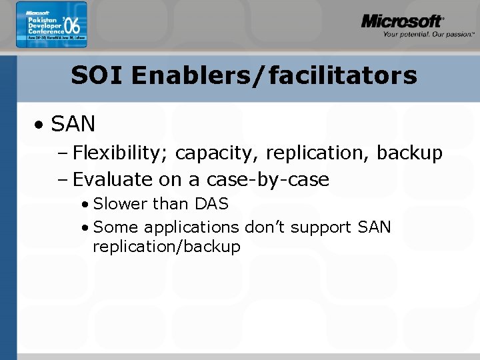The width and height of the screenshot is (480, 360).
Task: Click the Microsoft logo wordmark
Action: [x=402, y=21]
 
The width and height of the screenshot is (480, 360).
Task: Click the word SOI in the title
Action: [x=97, y=75]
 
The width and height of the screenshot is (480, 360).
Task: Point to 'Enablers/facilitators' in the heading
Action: [x=274, y=75]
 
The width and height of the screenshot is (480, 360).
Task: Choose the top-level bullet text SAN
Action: [x=73, y=124]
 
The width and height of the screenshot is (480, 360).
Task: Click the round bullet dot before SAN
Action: [x=41, y=125]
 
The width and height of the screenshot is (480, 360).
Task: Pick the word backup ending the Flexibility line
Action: [x=409, y=153]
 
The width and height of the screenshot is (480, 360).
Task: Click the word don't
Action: [x=267, y=227]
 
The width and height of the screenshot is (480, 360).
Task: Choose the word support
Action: [x=323, y=227]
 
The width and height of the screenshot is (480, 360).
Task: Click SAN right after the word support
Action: [x=375, y=227]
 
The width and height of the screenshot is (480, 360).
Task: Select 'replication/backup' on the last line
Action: [x=167, y=247]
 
